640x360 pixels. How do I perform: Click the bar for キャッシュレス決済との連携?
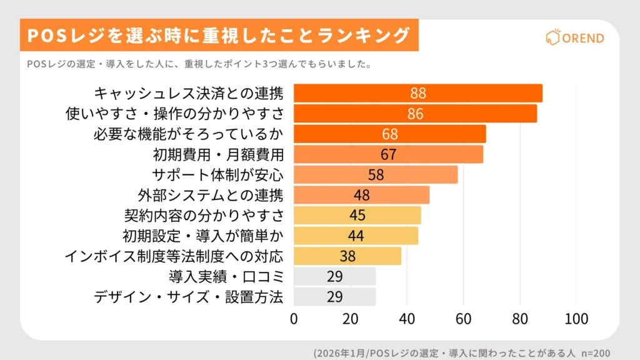417,93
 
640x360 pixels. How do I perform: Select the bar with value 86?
415,114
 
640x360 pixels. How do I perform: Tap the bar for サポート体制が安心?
375,174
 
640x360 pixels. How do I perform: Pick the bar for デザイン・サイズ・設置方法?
334,297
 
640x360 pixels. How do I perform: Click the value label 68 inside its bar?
389,134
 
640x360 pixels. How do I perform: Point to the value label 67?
388,154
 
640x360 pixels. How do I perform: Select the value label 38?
347,256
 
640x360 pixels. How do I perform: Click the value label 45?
357,216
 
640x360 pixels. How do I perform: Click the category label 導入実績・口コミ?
226,276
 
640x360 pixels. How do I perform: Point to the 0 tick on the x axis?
294,319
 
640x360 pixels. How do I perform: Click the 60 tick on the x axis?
464,319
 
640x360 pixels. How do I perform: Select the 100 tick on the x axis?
576,319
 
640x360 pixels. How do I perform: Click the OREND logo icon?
552,37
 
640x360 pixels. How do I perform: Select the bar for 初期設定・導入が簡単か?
356,236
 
